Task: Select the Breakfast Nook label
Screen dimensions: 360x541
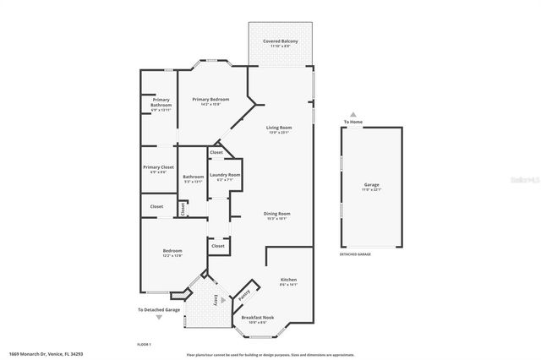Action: [x=254, y=319]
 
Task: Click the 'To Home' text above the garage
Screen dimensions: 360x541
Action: [x=352, y=123]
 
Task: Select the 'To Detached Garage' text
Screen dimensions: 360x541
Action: [x=160, y=310]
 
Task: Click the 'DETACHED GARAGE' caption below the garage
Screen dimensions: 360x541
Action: [x=356, y=254]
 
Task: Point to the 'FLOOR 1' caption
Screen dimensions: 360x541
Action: [x=144, y=345]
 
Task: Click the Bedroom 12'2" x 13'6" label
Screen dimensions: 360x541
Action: [x=172, y=253]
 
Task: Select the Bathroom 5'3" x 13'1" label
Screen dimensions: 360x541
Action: [x=193, y=178]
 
